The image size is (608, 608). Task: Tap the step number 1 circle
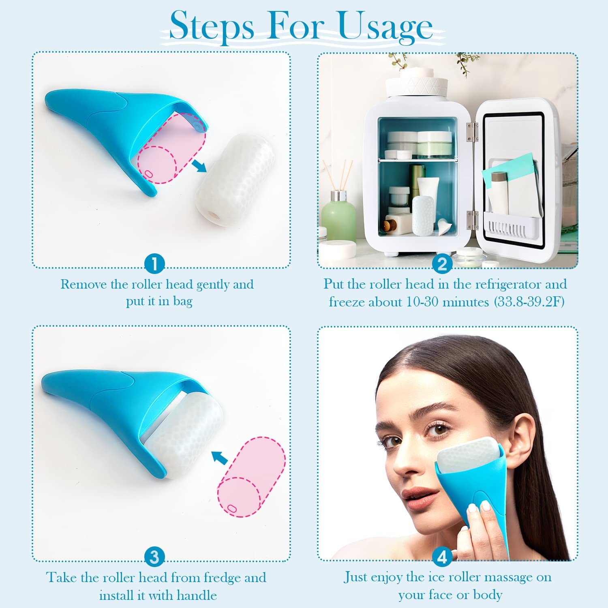[x=154, y=264]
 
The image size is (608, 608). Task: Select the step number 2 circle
[x=442, y=264]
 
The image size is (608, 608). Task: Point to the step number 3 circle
[x=154, y=557]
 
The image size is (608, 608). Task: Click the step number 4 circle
[x=442, y=557]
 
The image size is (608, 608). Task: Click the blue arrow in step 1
[x=198, y=165]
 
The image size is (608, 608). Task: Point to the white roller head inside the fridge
[x=423, y=214]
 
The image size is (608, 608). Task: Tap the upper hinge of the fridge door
[x=470, y=132]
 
